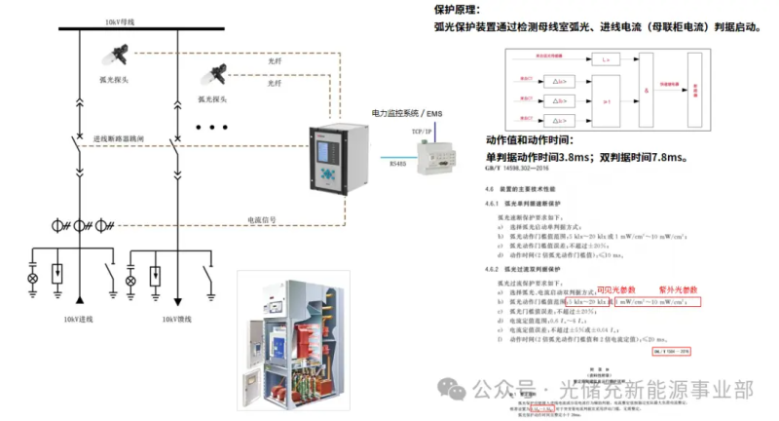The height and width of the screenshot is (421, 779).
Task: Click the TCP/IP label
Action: (x=422, y=129)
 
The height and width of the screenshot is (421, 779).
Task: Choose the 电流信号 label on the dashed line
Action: (x=262, y=219)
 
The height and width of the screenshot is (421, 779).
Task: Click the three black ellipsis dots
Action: (x=211, y=128)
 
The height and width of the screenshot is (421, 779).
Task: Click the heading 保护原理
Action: (x=461, y=10)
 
